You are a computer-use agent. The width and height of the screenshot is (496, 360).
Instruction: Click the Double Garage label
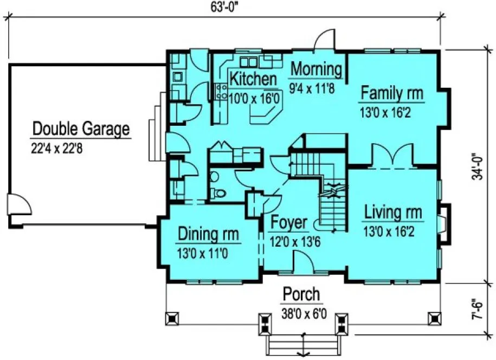coord(81,129)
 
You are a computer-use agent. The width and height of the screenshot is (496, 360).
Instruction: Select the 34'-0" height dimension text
coord(477,166)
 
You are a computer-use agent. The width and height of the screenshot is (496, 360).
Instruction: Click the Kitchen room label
coord(253,79)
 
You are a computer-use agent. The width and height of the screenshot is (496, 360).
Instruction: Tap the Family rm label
coord(391,93)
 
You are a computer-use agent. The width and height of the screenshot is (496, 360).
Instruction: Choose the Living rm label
coord(392,211)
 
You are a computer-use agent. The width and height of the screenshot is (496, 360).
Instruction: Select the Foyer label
coord(289,223)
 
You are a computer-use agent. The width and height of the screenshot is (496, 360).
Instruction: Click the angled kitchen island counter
coord(265,114)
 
